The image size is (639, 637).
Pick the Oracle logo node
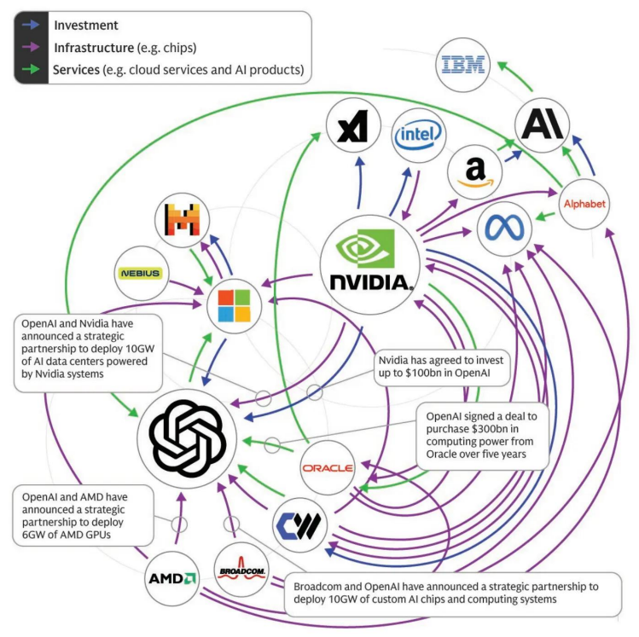point(326,467)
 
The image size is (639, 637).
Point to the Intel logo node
point(419,135)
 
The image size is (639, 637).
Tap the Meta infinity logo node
point(503,229)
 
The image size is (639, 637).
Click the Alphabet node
point(584,203)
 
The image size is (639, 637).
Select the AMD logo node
point(171,577)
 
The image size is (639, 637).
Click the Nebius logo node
point(138,273)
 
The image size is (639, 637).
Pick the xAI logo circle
point(353,128)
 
